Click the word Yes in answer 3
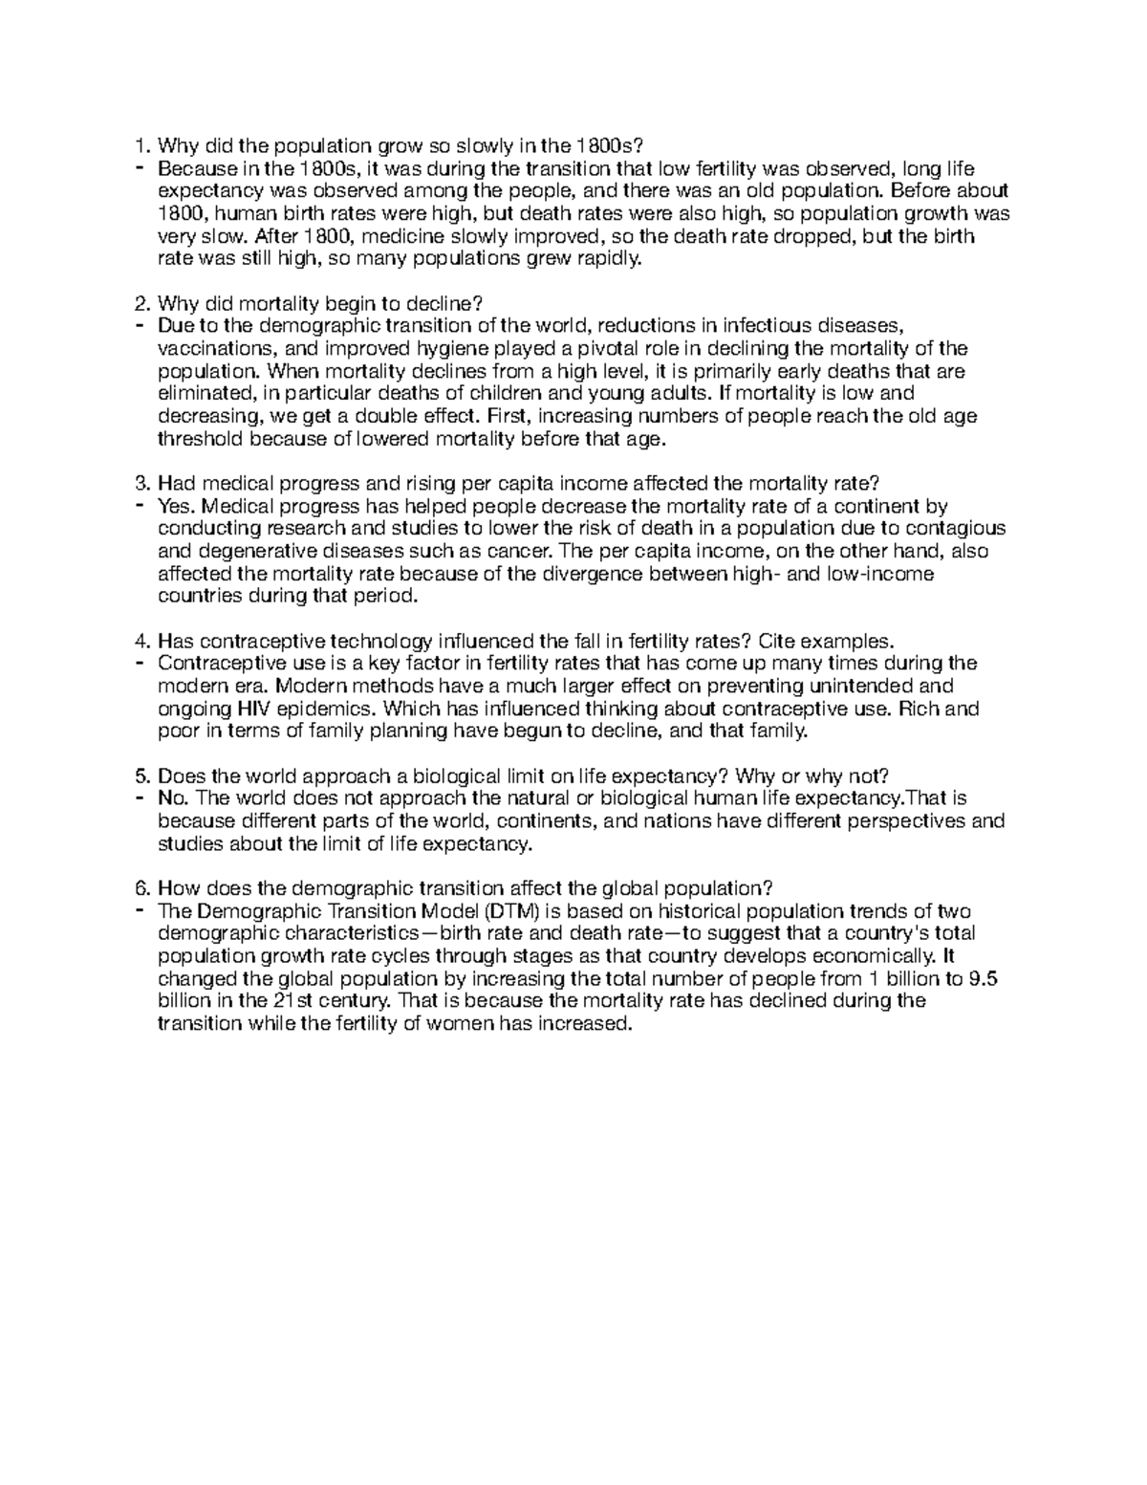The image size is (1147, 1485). pos(176,506)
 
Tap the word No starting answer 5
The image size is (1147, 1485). pos(173,798)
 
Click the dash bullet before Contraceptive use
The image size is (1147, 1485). pos(141,663)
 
